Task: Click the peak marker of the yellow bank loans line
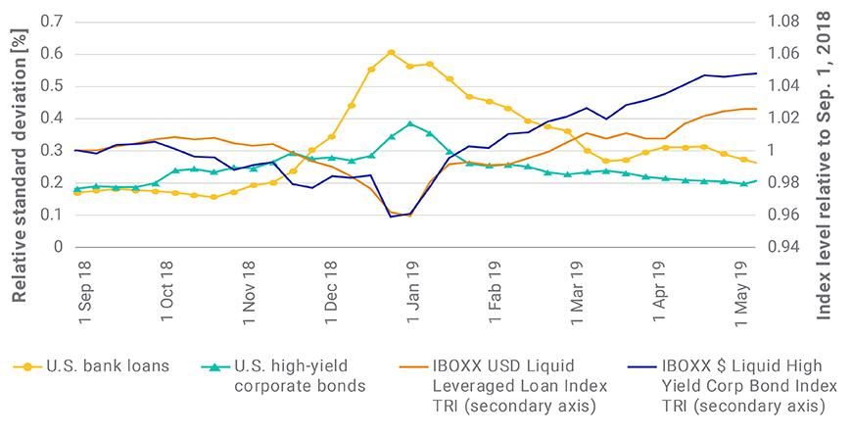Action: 391,53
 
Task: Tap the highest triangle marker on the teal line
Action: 410,124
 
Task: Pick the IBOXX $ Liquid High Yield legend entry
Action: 749,385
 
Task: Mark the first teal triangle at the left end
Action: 77,188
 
